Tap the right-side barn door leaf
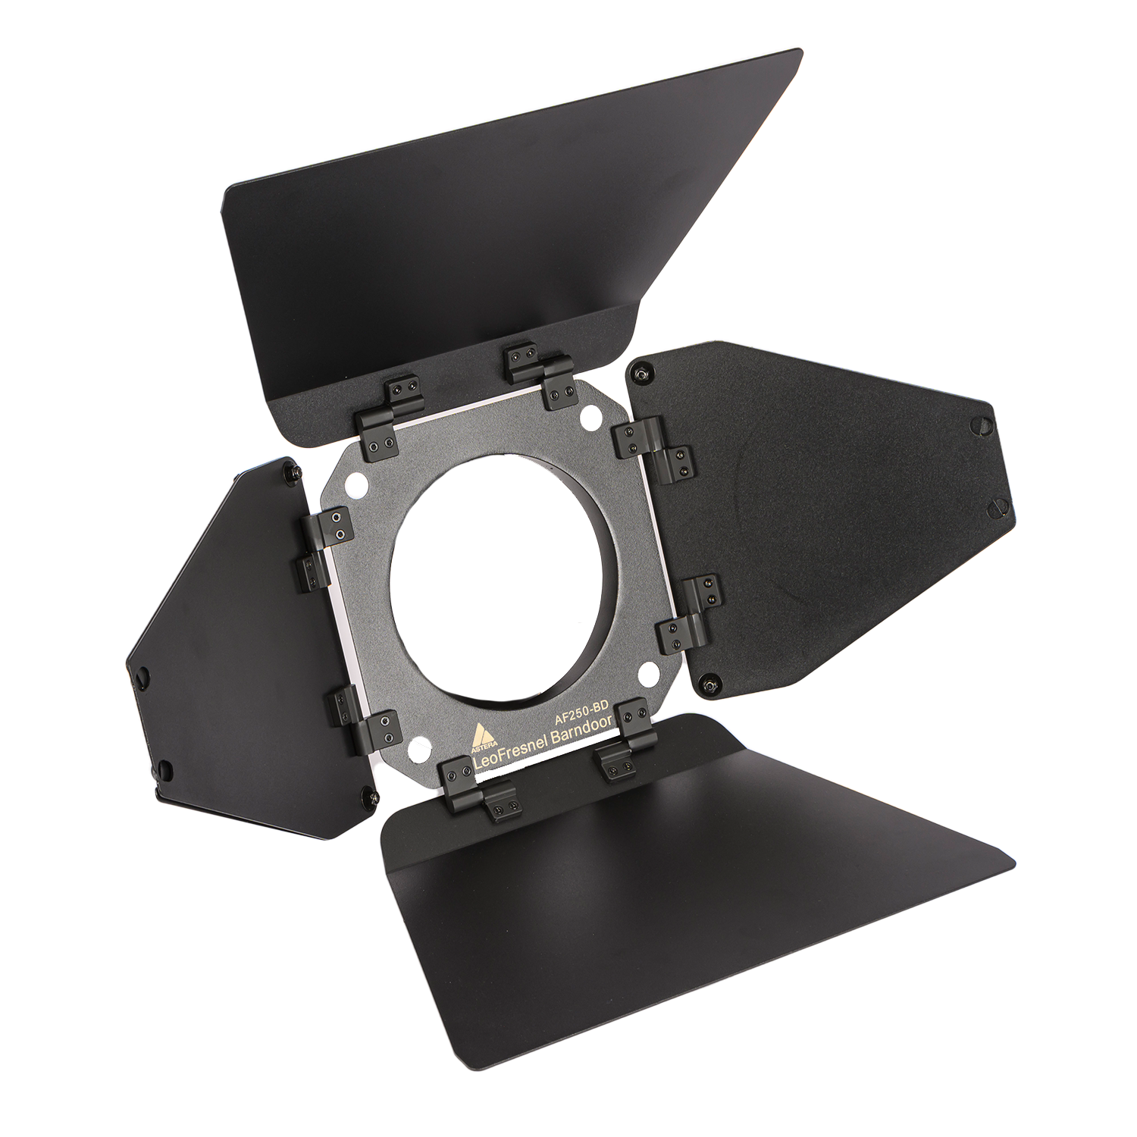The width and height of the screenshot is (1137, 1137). pos(819,515)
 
